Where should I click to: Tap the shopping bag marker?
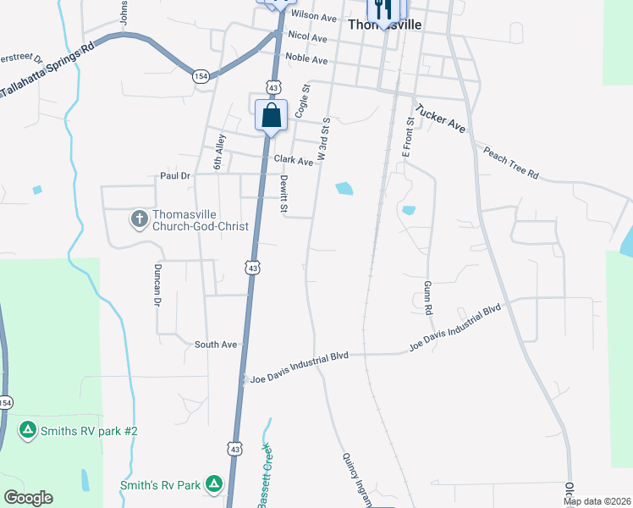pos(271,116)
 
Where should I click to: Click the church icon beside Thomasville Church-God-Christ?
pos(139,219)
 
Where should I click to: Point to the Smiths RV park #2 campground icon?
pos(28,431)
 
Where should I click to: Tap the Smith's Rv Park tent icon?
pos(214,484)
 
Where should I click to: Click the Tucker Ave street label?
pos(440,118)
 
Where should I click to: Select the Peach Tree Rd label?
pos(510,163)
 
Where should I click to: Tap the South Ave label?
pos(216,345)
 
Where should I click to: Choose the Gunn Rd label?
pos(428,298)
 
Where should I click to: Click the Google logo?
pos(28,498)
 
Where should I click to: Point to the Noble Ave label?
pos(306,59)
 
